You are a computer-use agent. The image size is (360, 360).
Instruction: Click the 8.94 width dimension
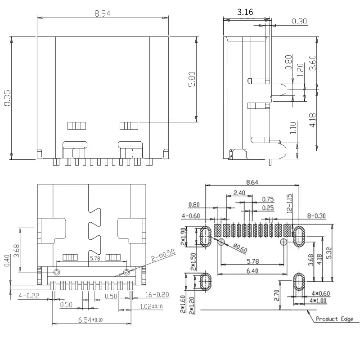click(103, 13)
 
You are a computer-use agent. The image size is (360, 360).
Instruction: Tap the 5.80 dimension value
click(192, 79)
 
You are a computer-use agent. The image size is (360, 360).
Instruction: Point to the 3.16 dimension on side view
click(245, 12)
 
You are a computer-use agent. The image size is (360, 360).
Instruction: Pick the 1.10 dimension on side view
click(293, 129)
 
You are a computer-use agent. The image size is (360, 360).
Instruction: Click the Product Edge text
click(334, 319)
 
